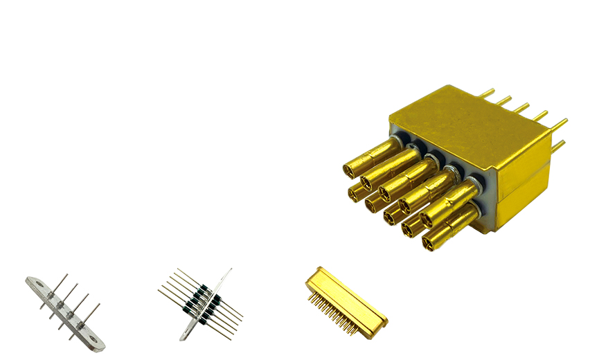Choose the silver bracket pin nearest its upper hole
pyautogui.click(x=52, y=295)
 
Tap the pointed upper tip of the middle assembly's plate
pyautogui.click(x=229, y=271)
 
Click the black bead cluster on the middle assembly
pyautogui.click(x=200, y=304)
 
